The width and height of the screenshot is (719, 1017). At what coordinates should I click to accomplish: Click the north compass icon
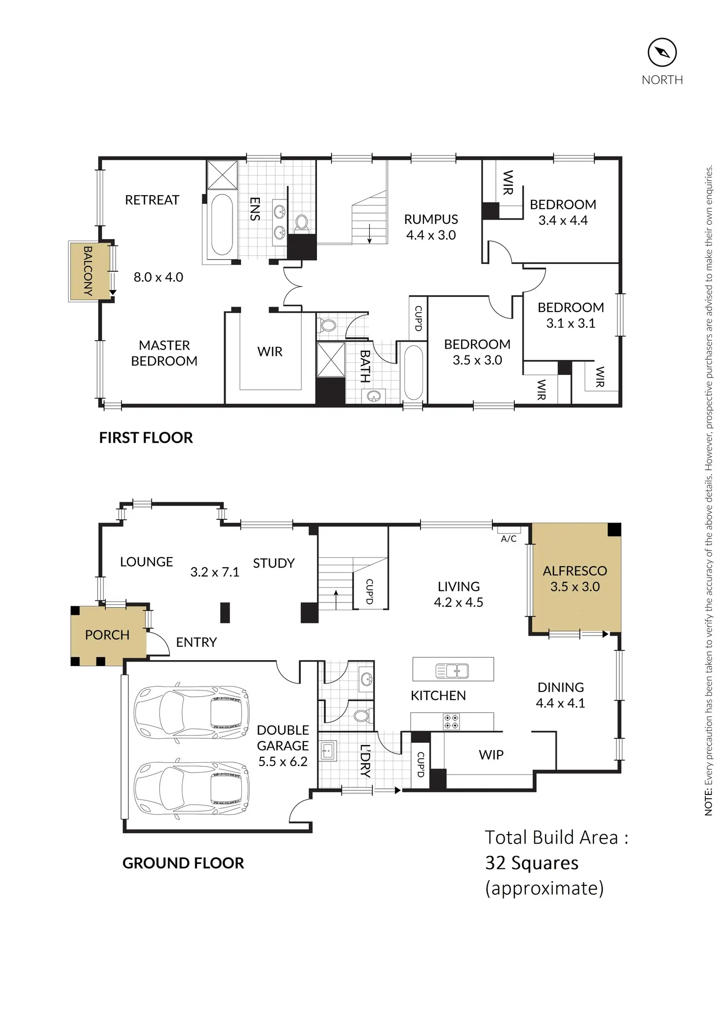(x=662, y=53)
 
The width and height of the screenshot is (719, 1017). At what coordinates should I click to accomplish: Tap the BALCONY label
(x=88, y=271)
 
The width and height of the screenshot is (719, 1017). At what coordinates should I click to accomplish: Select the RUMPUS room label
(x=431, y=219)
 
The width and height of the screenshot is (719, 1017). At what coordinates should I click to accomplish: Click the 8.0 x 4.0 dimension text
(x=158, y=277)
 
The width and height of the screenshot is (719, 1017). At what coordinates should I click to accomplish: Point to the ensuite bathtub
(x=222, y=224)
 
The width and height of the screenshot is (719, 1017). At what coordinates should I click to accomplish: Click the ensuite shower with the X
(x=222, y=174)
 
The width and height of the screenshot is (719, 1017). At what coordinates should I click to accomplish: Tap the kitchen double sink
(x=452, y=671)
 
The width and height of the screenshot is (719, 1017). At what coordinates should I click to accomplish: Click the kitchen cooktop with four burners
(x=451, y=722)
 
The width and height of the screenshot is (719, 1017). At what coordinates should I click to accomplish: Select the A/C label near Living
(x=508, y=539)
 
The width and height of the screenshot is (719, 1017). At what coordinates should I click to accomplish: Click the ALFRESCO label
(x=575, y=571)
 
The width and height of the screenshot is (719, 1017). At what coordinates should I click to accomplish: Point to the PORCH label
(x=107, y=635)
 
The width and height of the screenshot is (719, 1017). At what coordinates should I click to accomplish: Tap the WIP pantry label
(x=491, y=754)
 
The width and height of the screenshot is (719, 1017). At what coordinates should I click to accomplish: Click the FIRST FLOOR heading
(x=146, y=438)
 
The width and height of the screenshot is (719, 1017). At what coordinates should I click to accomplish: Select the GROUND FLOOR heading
(x=183, y=863)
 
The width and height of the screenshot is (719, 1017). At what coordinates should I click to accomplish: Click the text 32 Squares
(x=531, y=863)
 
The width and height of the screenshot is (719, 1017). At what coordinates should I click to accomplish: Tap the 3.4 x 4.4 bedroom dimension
(x=563, y=221)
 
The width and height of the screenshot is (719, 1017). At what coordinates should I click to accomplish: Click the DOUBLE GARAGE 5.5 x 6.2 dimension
(x=283, y=761)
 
